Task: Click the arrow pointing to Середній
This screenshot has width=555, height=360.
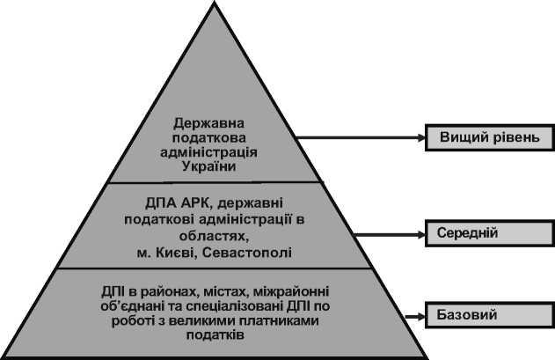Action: click(x=387, y=235)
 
